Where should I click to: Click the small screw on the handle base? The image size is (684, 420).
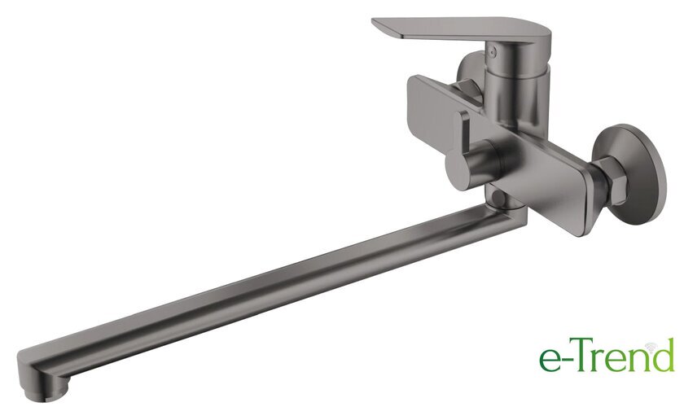point(493,50)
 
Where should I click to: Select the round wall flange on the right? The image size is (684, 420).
point(631,174)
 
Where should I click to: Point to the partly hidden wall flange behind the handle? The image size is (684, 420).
point(471,72)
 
